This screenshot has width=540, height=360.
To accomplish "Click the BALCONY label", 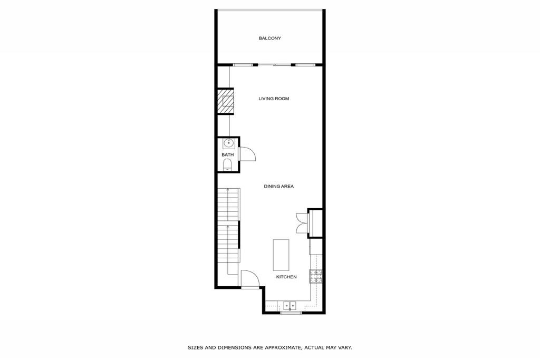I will [x=269, y=38].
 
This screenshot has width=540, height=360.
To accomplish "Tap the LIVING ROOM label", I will [x=274, y=99].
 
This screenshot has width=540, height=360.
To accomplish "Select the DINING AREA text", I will [x=278, y=186].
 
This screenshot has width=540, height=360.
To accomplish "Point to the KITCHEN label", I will [x=286, y=277].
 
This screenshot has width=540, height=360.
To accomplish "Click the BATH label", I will [x=227, y=154].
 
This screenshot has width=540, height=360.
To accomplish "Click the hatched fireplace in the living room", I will [x=226, y=101].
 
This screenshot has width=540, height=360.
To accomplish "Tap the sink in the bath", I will [x=228, y=142].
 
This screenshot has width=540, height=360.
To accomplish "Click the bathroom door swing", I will [x=247, y=154].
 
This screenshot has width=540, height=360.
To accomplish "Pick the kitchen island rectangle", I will [x=281, y=255].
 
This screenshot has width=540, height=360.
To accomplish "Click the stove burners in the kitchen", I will [x=315, y=276].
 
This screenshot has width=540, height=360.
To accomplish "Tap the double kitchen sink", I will [x=290, y=305].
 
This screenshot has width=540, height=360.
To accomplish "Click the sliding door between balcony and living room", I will [x=274, y=65].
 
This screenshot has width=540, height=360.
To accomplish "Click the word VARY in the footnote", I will [x=344, y=347].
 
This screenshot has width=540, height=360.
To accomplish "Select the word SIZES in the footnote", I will [x=196, y=347].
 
